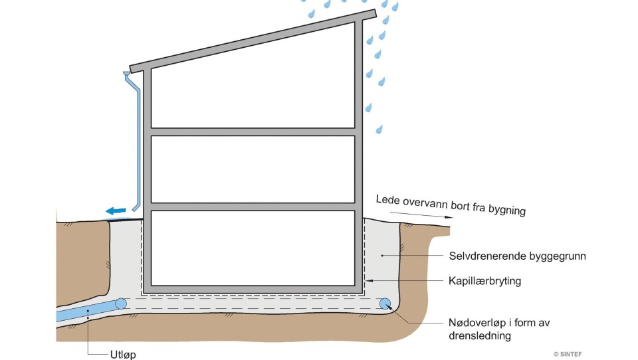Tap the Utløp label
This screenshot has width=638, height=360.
point(123,354)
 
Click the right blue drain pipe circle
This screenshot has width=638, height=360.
point(385,304)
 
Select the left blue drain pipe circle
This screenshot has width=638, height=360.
point(121,304)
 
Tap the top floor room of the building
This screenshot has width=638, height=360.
point(253,93)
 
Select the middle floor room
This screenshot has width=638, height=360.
point(253,169)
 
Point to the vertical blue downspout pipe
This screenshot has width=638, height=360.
point(138,146)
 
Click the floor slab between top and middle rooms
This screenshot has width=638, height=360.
point(253,132)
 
